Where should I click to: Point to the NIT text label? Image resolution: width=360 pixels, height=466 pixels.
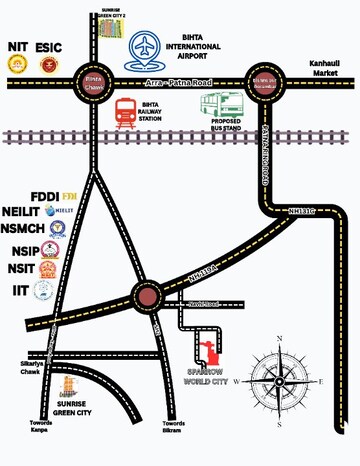click(18, 46)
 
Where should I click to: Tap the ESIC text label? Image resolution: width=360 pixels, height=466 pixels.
click(50, 46)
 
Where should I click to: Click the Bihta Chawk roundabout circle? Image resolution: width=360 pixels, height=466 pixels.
click(93, 84)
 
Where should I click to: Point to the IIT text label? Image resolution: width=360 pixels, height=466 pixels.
click(17, 290)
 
